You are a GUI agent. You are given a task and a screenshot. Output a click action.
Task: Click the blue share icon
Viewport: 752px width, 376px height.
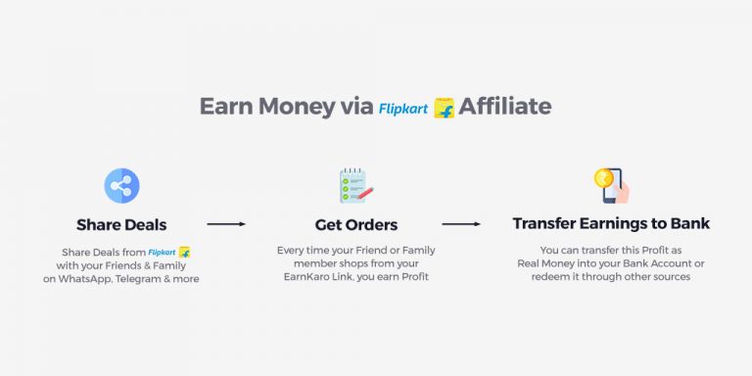[122, 186]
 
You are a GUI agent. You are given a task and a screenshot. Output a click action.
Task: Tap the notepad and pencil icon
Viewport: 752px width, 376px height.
[355, 186]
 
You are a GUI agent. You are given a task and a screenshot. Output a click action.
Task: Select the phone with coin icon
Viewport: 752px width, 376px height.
[611, 184]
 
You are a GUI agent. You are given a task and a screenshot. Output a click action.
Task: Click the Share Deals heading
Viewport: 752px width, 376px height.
[121, 224]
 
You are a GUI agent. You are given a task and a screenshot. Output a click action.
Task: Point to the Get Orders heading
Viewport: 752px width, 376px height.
[356, 224]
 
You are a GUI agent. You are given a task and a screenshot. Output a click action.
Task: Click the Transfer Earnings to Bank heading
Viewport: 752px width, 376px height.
[611, 224]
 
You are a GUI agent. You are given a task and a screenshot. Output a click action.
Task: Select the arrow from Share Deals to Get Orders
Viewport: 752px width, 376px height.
[226, 224]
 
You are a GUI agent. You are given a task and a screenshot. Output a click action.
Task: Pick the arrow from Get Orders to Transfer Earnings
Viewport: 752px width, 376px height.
[461, 224]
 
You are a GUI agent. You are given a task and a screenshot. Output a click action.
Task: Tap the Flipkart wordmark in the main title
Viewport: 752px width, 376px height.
[403, 108]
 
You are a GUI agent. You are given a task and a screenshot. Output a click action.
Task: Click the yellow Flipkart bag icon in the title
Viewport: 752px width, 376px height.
[445, 108]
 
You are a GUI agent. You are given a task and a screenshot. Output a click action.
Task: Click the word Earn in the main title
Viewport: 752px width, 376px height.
[226, 106]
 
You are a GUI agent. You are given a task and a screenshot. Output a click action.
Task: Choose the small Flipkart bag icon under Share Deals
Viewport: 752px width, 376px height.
[184, 253]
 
